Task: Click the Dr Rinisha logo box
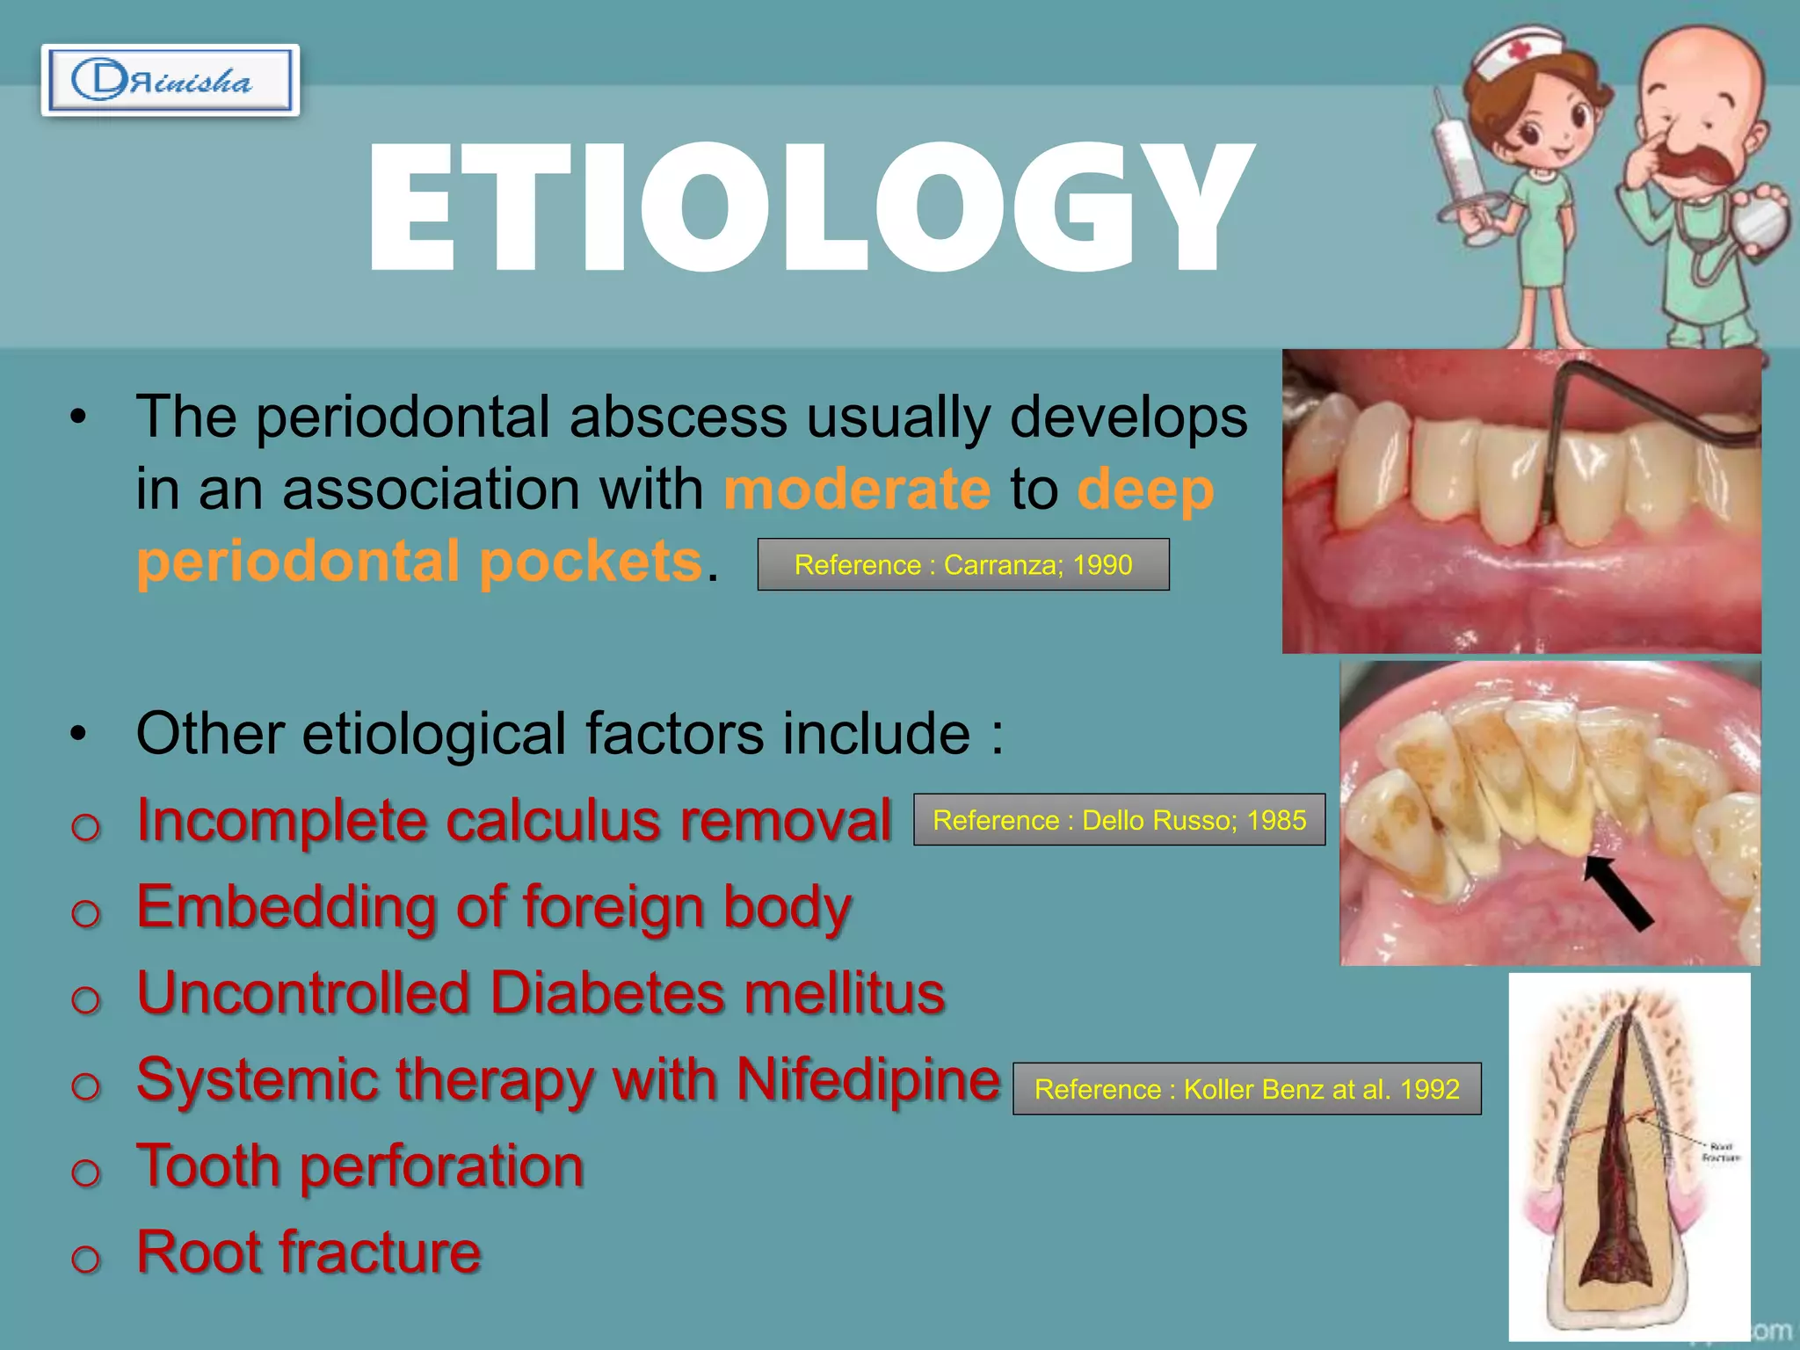[x=170, y=80]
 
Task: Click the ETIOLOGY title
[x=809, y=208]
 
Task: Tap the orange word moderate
[x=857, y=489]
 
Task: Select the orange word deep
[x=1145, y=489]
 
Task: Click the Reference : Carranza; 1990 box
[x=963, y=564]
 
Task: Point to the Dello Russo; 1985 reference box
[x=1119, y=820]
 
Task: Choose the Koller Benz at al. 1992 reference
[x=1246, y=1089]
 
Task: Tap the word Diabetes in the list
[x=607, y=992]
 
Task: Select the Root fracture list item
[x=308, y=1252]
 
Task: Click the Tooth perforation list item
[x=360, y=1165]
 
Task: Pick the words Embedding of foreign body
[x=494, y=906]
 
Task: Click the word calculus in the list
[x=553, y=820]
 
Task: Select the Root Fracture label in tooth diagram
[x=1719, y=1152]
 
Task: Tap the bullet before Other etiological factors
[x=79, y=733]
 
